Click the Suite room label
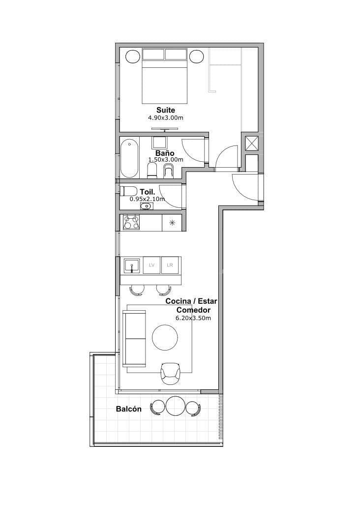166,110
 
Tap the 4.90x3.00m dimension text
166,118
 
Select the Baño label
165,153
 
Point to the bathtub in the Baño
129,158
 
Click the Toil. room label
148,192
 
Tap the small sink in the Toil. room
146,206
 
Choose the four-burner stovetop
131,223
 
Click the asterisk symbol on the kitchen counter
172,223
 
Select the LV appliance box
151,265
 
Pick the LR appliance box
170,265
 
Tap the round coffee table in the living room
165,337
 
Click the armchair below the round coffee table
171,374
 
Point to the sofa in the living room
134,338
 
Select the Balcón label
129,409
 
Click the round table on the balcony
175,406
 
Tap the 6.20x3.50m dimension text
193,318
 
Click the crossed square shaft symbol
252,144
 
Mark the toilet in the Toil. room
128,191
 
